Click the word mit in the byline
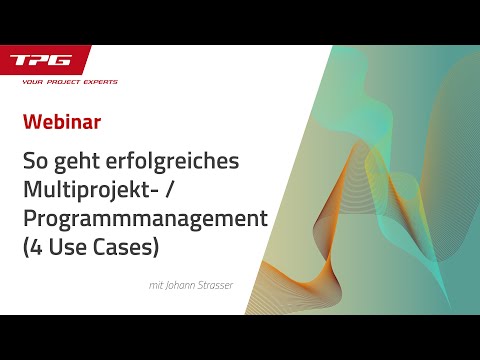153,284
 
